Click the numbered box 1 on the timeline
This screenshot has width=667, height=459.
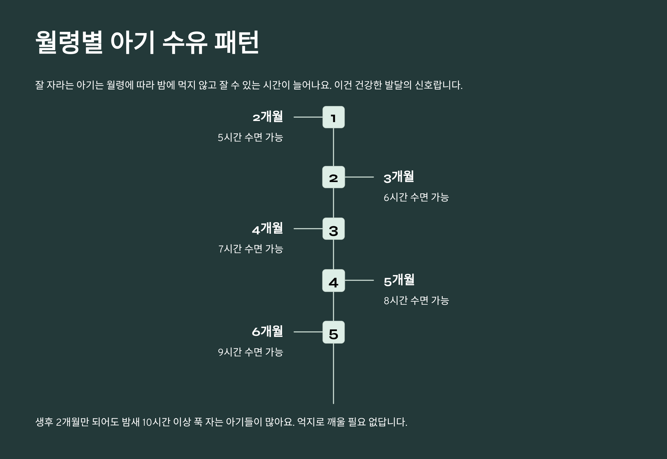(333, 117)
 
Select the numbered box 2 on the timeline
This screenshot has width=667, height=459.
(333, 177)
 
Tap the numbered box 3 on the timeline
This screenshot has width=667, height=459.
(333, 229)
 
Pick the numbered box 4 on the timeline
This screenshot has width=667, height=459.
(333, 280)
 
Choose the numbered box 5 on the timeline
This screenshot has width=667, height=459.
(333, 332)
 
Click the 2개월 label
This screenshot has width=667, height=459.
(268, 117)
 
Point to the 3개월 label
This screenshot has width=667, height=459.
(399, 177)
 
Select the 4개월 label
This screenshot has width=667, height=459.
(267, 228)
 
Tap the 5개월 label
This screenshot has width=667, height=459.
(399, 280)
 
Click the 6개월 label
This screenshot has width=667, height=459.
(267, 332)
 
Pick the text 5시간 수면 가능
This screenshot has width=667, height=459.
(250, 137)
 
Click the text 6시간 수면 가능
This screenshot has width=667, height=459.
(416, 197)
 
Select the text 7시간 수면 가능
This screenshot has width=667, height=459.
(251, 249)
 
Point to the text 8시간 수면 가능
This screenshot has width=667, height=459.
(416, 301)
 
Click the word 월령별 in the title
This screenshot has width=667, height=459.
(69, 42)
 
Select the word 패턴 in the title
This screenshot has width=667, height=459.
(237, 42)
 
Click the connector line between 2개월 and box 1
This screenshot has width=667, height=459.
(308, 117)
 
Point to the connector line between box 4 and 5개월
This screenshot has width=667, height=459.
(359, 280)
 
